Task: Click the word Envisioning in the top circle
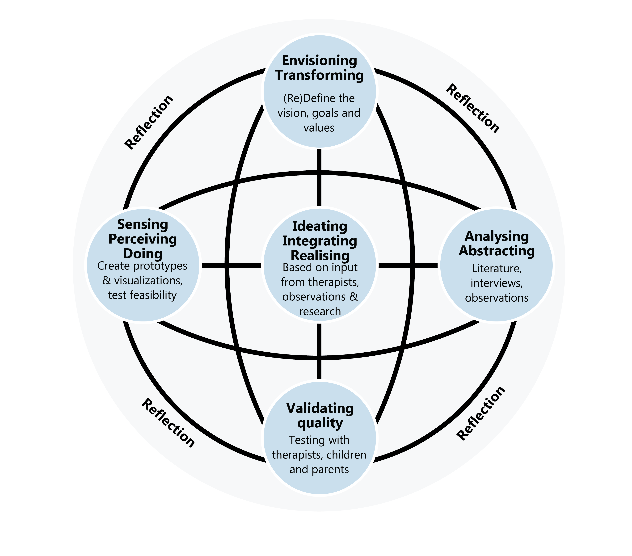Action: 319,61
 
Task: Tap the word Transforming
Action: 319,75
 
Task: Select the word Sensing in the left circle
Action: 143,224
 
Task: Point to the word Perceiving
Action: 143,239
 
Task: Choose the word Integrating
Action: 320,241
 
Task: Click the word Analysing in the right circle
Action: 497,236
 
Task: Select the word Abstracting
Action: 497,251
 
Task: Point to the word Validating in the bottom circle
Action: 320,408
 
